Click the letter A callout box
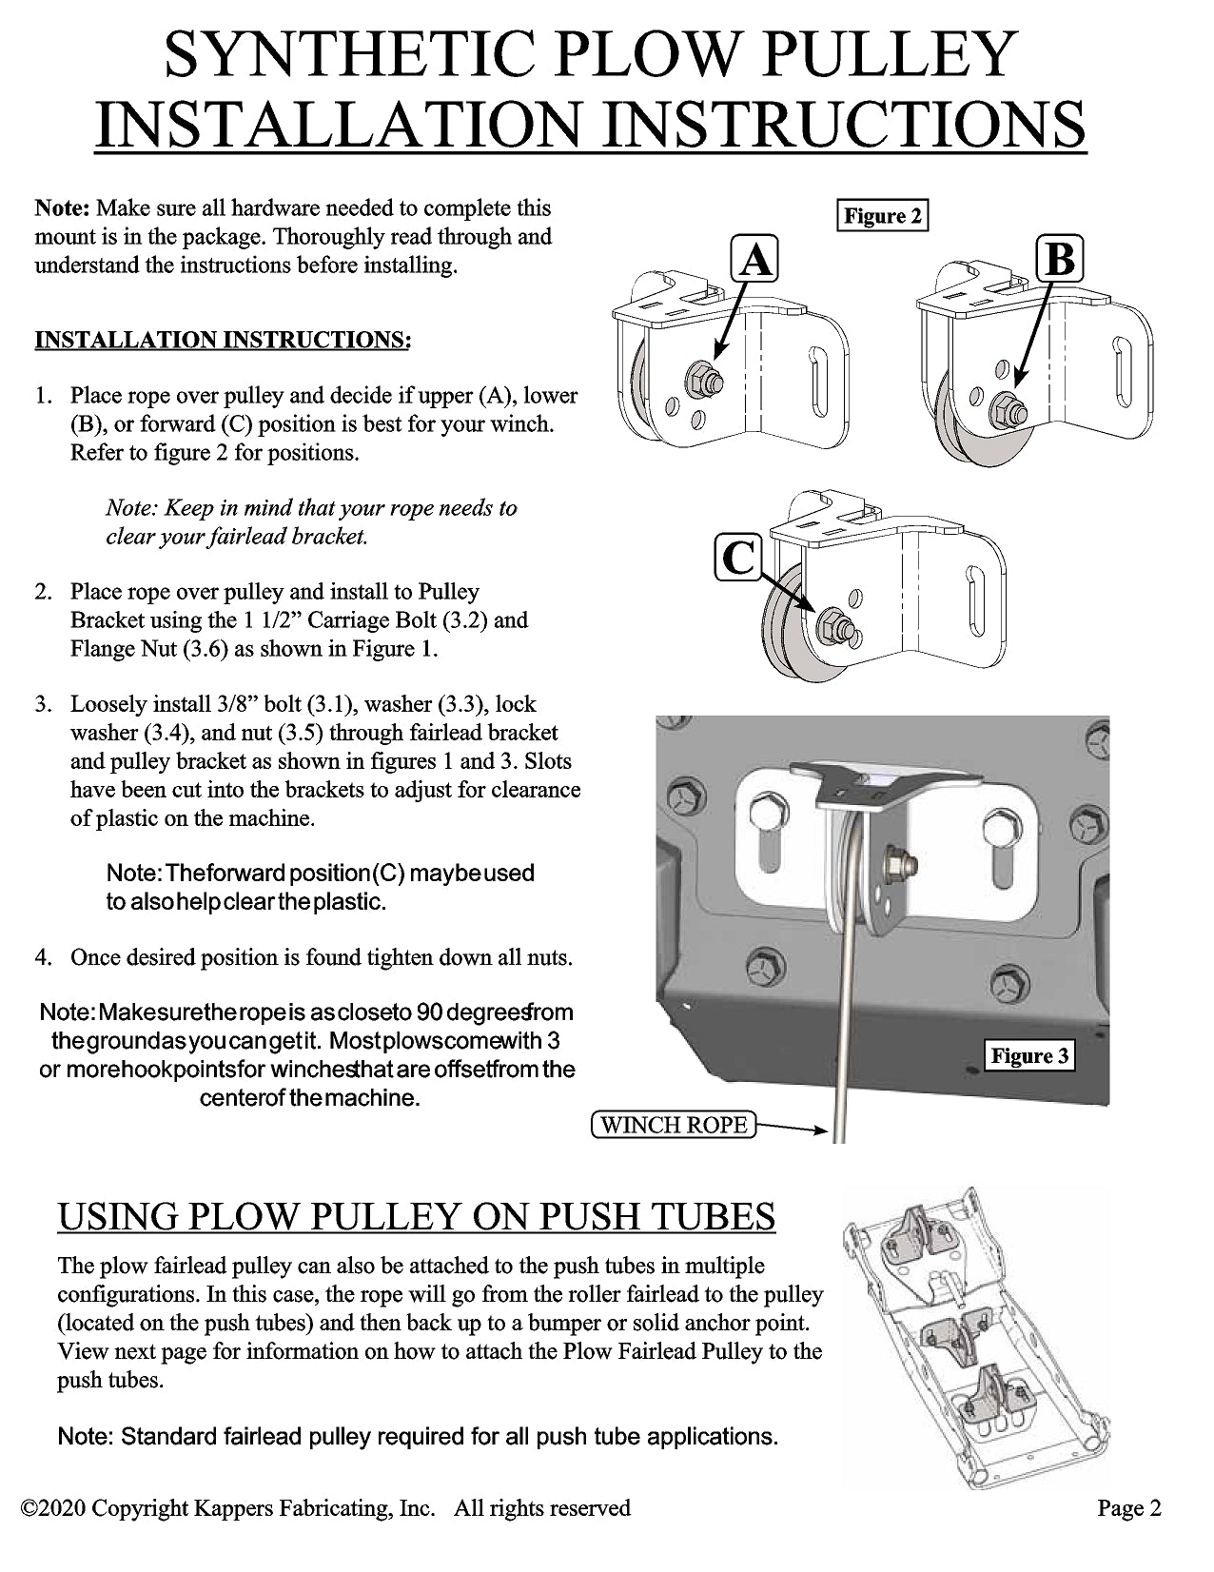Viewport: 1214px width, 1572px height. tap(754, 258)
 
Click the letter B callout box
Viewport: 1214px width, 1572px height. tap(1060, 258)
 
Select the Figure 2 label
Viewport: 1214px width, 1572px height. tap(882, 216)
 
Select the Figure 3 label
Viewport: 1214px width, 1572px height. tap(1029, 1055)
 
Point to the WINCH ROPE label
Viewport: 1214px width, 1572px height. tap(674, 1125)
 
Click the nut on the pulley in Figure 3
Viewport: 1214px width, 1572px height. tap(904, 864)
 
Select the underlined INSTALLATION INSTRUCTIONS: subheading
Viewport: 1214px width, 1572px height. tap(223, 340)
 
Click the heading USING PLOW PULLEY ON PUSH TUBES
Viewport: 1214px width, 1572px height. tap(417, 1216)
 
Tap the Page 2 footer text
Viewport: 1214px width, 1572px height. tap(1128, 1507)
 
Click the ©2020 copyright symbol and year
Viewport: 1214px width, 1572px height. tap(53, 1507)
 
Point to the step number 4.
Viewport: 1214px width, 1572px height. tap(43, 957)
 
